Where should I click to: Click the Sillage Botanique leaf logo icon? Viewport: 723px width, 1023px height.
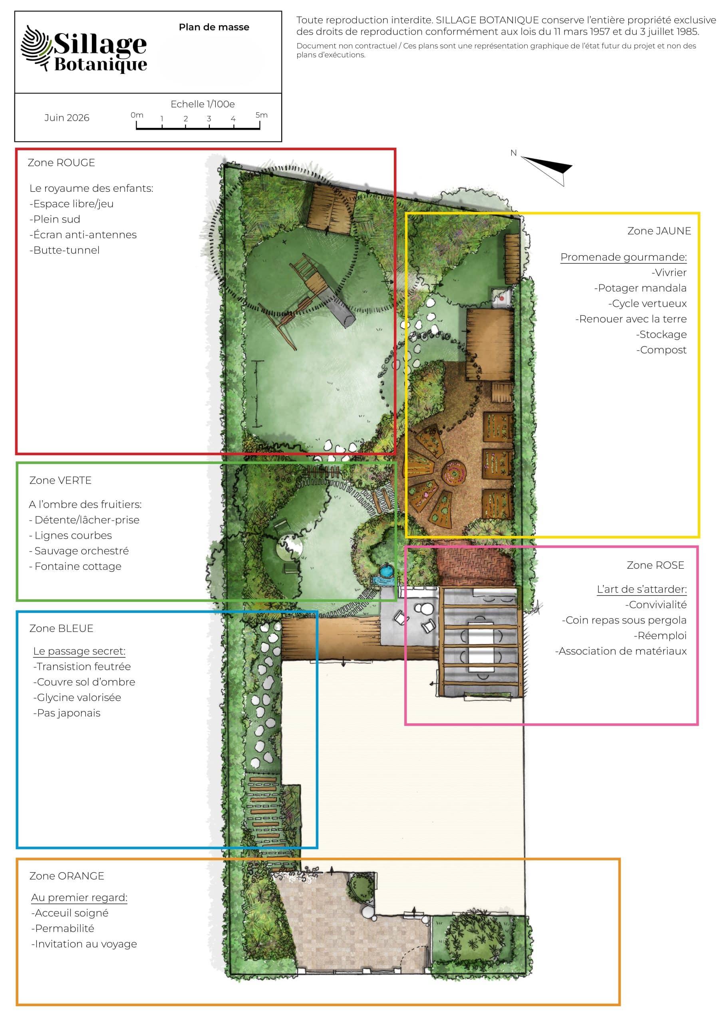coord(36,48)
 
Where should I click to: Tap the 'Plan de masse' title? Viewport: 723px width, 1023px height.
coord(214,27)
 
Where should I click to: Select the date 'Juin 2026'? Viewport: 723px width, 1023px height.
coord(67,117)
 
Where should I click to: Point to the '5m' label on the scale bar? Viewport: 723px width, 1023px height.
coord(262,115)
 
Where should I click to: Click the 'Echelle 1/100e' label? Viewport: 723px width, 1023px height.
coord(203,104)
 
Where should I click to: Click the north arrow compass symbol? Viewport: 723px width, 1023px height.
coord(547,169)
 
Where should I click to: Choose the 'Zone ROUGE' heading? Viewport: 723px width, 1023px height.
coord(62,163)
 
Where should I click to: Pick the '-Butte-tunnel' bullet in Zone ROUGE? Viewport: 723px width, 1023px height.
coord(65,250)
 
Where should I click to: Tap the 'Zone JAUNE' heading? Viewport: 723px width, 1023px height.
coord(659,231)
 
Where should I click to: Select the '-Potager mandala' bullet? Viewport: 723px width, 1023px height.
coord(640,288)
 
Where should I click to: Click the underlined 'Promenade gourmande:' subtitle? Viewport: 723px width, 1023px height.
coord(624,257)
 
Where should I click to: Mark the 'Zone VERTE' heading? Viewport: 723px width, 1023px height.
coord(60,480)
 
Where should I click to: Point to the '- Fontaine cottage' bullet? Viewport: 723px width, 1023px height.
coord(75,566)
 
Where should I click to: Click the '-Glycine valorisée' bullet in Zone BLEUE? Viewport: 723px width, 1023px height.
coord(77,697)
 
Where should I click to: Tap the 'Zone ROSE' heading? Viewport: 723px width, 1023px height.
coord(655,565)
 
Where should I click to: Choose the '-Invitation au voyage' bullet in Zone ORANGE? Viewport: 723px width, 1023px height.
coord(84,944)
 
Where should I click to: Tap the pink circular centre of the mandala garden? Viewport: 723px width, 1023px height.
coord(455,471)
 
